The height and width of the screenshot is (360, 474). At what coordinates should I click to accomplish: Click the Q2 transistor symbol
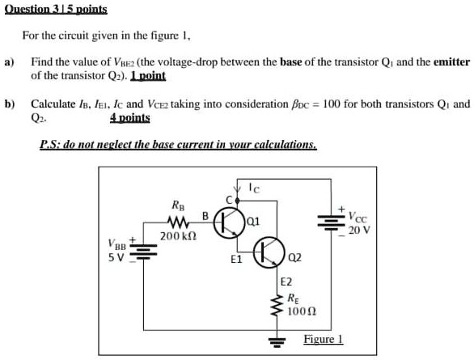coord(269,253)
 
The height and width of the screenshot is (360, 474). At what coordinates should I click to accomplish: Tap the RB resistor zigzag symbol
coord(177,222)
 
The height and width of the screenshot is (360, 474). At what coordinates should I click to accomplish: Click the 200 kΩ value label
coord(177,236)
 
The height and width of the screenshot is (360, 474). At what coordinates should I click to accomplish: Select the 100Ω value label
coord(301,311)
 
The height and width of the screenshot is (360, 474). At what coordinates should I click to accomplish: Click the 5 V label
coord(115,259)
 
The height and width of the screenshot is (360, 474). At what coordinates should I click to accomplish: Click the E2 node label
coord(286,282)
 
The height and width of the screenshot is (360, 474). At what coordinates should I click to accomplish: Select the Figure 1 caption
coord(323,339)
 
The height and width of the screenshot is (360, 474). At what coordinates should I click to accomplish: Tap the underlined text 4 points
coord(129,117)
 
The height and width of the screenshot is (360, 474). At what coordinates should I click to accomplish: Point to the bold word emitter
coord(451,62)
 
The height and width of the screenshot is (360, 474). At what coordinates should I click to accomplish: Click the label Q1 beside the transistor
coord(253,222)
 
